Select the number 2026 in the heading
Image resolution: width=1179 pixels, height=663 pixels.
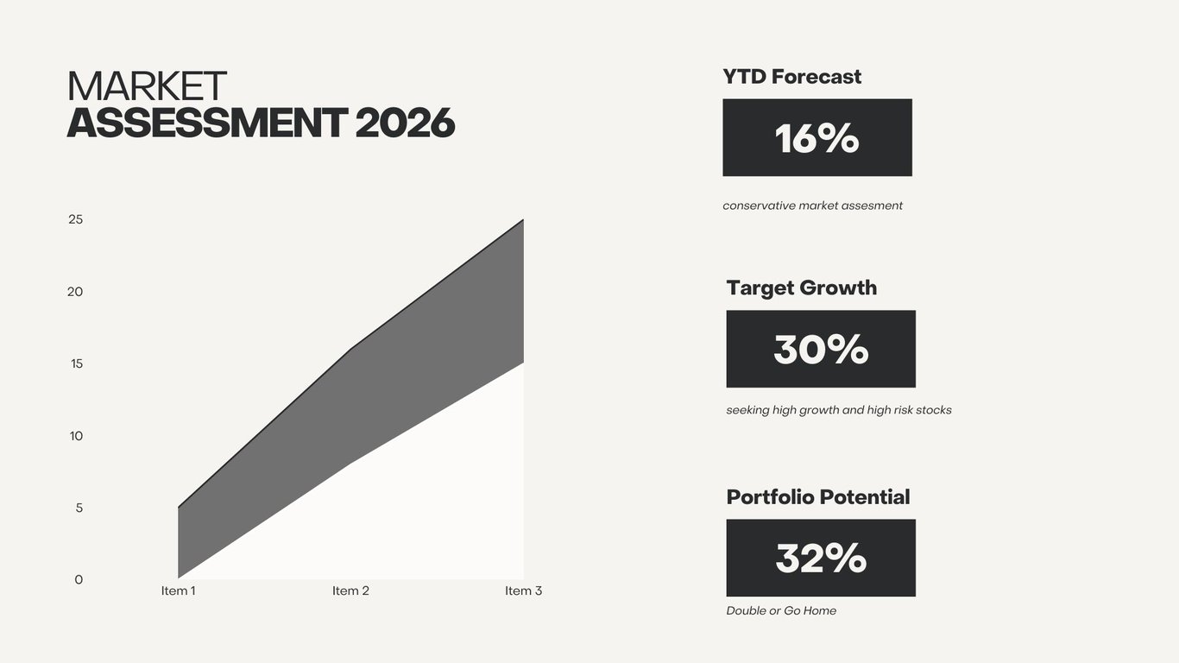(x=405, y=123)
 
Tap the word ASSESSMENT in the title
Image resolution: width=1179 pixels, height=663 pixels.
(x=207, y=123)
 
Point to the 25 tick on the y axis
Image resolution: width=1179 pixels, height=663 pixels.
(x=76, y=219)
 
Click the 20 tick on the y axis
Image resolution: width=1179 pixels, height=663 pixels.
(x=75, y=291)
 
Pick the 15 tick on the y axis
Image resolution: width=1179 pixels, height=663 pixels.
(x=77, y=363)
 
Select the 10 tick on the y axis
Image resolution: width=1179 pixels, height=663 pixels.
(x=76, y=435)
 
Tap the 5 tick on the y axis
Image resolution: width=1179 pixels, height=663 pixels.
(x=79, y=508)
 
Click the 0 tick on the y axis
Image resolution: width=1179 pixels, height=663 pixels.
(x=79, y=580)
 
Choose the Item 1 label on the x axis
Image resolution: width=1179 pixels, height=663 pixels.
(x=179, y=590)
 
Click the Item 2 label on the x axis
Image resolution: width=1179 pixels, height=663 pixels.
(x=350, y=590)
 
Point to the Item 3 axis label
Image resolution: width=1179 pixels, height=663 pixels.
(x=523, y=590)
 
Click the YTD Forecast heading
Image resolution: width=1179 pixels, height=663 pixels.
(x=792, y=77)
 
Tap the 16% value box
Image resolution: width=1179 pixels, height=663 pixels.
(x=817, y=137)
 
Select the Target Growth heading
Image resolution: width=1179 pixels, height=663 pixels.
(x=802, y=288)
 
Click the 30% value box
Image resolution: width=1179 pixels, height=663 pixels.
(x=821, y=349)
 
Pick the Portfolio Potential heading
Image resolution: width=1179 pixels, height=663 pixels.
(x=818, y=497)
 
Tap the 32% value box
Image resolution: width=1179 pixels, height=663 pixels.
(x=821, y=558)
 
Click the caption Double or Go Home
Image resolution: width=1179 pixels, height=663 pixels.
(x=781, y=611)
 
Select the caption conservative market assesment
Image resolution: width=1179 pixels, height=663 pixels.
(x=813, y=206)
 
